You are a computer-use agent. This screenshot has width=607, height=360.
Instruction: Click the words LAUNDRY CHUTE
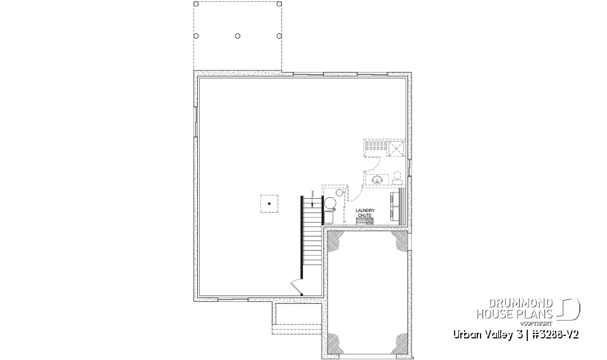pyautogui.click(x=365, y=213)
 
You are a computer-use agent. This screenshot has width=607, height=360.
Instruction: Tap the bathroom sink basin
pyautogui.click(x=378, y=180)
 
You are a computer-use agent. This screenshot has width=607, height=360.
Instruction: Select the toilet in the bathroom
pyautogui.click(x=397, y=177)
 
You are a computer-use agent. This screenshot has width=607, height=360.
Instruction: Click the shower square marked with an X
pyautogui.click(x=396, y=148)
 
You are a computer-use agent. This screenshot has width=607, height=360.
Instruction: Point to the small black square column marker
pyautogui.click(x=269, y=204)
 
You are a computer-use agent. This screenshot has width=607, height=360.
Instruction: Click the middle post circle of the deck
pyautogui.click(x=237, y=35)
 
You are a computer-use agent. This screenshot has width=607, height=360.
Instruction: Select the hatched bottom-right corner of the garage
pyautogui.click(x=399, y=343)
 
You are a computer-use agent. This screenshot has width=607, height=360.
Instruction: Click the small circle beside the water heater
pyautogui.click(x=340, y=192)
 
